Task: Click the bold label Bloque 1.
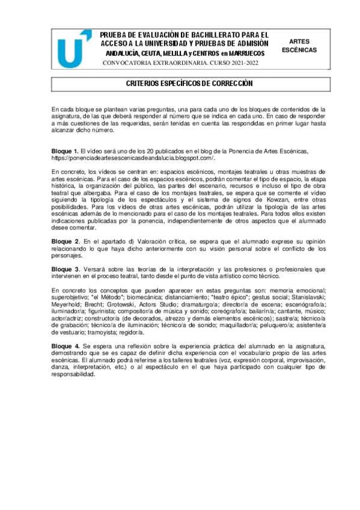pyautogui.click(x=64, y=150)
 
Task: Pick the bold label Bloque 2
pyautogui.click(x=65, y=241)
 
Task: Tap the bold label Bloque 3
pyautogui.click(x=65, y=268)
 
